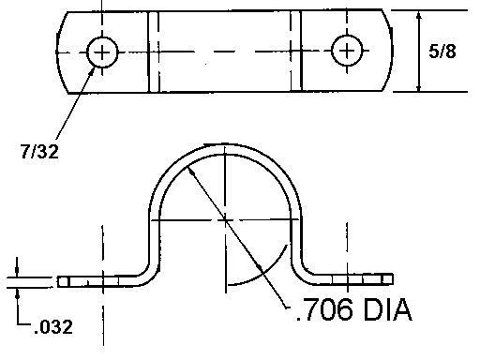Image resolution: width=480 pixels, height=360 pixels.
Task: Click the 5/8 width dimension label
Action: pos(442,52)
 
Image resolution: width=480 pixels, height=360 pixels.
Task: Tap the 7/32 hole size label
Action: pos(39,152)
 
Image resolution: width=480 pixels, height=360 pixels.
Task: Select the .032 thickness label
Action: pos(53,327)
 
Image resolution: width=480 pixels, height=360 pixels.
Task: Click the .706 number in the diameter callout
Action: pos(324,309)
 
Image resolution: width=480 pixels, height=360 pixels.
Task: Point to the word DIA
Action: pos(388,309)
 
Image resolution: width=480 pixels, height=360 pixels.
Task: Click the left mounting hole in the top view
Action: pos(102,52)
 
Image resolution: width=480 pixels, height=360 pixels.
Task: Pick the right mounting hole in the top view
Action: pos(347,51)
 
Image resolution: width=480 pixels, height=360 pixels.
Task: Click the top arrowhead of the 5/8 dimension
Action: pos(419,16)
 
